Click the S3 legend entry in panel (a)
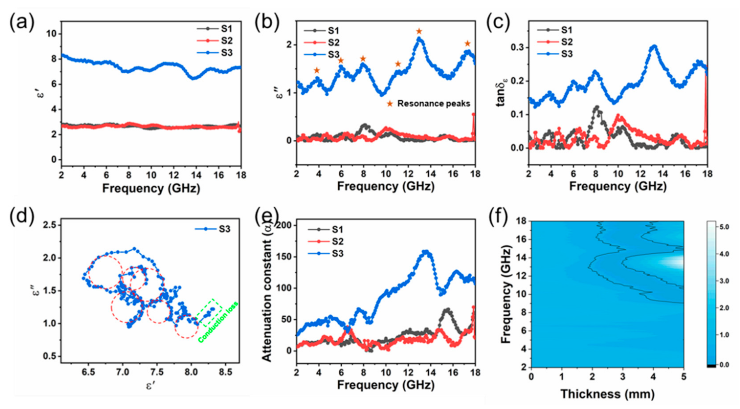tap(226, 53)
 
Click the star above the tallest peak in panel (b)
tap(419, 31)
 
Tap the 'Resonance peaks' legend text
tap(433, 104)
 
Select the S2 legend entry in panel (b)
tap(334, 42)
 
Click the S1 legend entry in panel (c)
tap(566, 30)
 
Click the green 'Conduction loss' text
tap(218, 322)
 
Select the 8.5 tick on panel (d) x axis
tap(225, 372)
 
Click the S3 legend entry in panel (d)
tap(224, 229)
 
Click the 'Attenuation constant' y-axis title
tap(267, 293)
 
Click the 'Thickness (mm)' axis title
tap(607, 394)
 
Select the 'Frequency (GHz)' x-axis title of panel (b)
tap(385, 186)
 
